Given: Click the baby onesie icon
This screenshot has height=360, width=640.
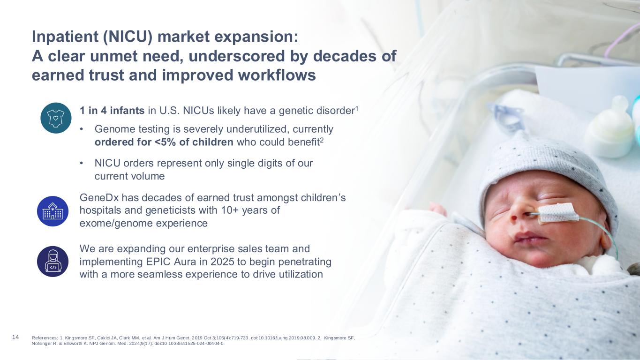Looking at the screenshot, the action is click(x=56, y=118).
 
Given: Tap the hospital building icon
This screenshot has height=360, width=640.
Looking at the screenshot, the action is click(x=53, y=211).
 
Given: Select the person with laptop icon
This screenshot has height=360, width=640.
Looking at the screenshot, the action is click(x=53, y=262).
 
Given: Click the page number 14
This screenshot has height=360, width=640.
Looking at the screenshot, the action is click(x=15, y=337).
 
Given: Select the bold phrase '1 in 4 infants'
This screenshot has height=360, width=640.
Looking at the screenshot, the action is click(x=112, y=111).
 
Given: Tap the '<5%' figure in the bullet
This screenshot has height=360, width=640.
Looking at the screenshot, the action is click(x=166, y=142).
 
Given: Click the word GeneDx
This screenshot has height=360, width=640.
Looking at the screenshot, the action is click(x=99, y=197).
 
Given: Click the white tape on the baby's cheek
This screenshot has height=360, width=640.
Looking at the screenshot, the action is click(x=558, y=213).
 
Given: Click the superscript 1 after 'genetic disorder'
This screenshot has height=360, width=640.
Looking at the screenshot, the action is click(x=356, y=109).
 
